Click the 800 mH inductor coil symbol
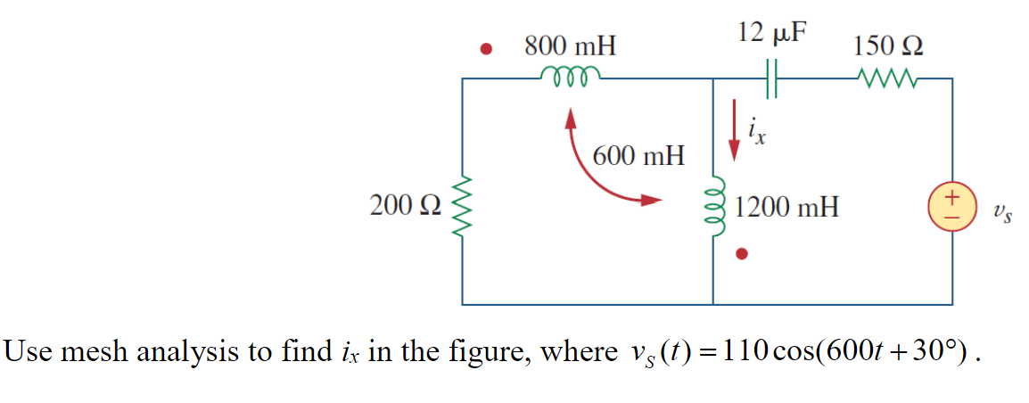(x=570, y=75)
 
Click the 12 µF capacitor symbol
(x=772, y=78)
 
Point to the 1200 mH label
(x=787, y=209)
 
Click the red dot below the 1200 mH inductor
(x=740, y=256)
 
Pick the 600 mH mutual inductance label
(x=639, y=157)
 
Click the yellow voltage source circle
(x=952, y=208)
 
